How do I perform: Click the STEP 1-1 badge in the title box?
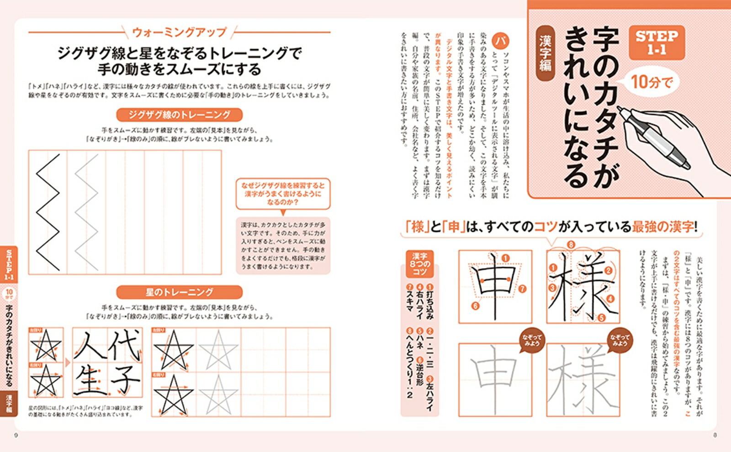coord(657,42)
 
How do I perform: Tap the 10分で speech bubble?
coord(652,82)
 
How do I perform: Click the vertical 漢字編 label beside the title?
coord(546,53)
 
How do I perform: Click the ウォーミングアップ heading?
coord(179,32)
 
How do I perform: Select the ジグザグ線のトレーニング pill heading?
coord(179,115)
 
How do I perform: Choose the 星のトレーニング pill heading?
coord(179,292)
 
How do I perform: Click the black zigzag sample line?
coord(48,212)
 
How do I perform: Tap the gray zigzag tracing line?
coord(86,212)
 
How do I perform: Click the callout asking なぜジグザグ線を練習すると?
coord(283,194)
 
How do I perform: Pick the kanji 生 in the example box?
coord(91,381)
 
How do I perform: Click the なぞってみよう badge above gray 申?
coord(532,340)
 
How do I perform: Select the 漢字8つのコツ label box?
coord(419,264)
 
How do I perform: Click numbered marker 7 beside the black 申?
coord(522,289)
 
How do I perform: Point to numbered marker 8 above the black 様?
coord(571,245)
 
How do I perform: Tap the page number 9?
coord(16,435)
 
